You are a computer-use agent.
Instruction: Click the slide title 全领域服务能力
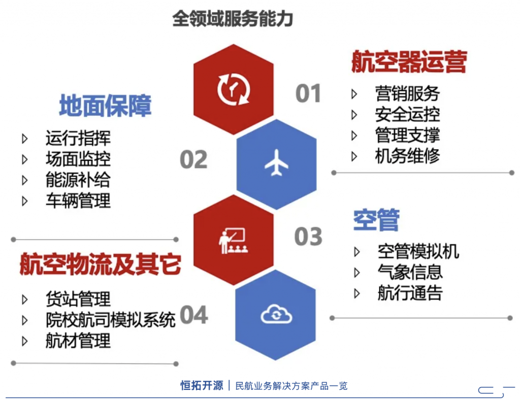233,18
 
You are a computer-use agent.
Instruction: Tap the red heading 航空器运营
409,61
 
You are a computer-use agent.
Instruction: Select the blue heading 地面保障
105,106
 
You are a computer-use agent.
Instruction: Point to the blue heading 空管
376,220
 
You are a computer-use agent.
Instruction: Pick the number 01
308,93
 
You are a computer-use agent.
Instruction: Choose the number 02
193,159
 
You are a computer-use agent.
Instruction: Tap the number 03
308,236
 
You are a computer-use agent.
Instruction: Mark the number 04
193,315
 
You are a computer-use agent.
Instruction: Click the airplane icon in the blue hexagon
276,162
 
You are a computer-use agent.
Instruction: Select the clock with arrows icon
234,89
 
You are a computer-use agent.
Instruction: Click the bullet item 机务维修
407,156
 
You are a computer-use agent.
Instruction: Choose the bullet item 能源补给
78,180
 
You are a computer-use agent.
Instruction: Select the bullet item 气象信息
410,273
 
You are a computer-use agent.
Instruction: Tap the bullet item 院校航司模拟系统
110,320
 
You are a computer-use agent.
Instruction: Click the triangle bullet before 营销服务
354,94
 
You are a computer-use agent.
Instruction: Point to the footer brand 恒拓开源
202,385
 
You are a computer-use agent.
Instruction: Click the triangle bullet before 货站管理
24,299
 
